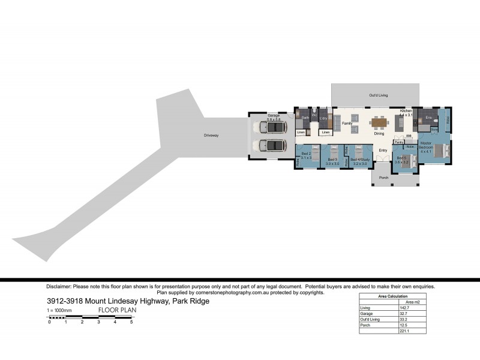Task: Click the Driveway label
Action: click(211, 136)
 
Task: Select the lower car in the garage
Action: click(271, 146)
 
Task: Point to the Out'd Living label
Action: click(378, 95)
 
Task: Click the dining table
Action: click(379, 124)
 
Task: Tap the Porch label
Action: click(384, 177)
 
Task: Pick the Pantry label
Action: click(398, 142)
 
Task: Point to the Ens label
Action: click(428, 118)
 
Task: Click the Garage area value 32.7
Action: click(403, 314)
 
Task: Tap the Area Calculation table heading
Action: click(392, 296)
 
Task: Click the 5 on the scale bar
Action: click(131, 322)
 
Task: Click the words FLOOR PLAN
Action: click(118, 310)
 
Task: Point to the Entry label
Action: click(383, 150)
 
